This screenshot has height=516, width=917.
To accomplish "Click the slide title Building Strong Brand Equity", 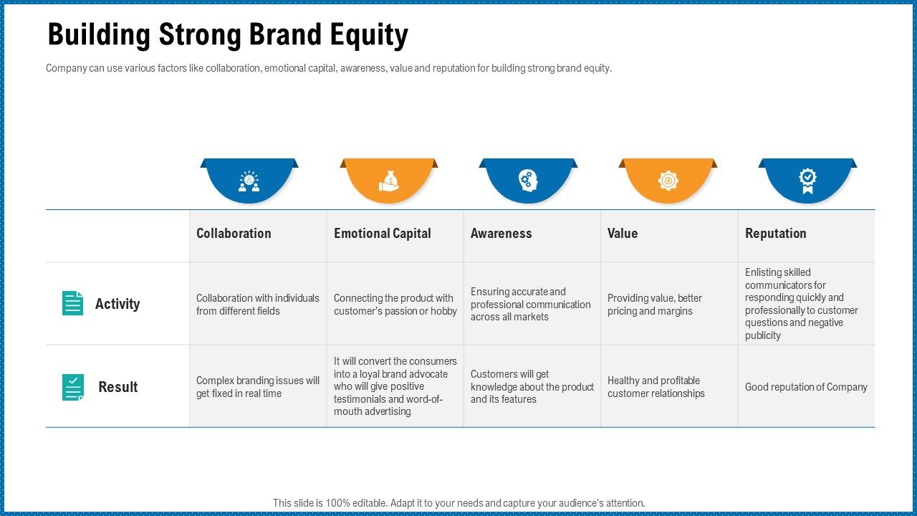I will (x=228, y=35).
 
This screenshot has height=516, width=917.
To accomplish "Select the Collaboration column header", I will (x=234, y=234).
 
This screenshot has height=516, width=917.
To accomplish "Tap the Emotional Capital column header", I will (x=382, y=234).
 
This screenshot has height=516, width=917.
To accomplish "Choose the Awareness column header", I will (x=501, y=234).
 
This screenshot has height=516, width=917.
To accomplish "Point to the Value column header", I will (x=622, y=234).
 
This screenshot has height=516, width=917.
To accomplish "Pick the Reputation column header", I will (x=775, y=234).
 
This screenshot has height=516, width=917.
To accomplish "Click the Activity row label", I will (x=117, y=304).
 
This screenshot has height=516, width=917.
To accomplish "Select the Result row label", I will (x=118, y=387).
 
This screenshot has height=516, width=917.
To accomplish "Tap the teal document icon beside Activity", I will (x=72, y=303).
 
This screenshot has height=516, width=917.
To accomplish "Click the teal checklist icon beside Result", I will (x=72, y=387).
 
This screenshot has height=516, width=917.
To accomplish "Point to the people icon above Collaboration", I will (x=249, y=181).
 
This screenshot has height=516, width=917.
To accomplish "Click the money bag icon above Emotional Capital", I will (x=388, y=181).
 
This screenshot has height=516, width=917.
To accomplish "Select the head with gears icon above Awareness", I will (x=528, y=181).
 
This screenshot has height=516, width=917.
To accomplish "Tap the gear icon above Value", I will (x=668, y=181).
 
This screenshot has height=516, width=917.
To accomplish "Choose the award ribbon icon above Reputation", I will (x=807, y=181).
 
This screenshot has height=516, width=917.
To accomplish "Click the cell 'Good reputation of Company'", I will (x=806, y=387).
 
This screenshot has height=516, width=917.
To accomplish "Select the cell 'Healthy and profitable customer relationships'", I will (x=656, y=387).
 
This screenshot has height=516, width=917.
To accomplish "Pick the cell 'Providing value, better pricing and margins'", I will (x=654, y=305).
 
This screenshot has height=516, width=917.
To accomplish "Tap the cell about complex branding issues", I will (x=257, y=387).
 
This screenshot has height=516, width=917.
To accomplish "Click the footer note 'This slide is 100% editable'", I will (x=458, y=503).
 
